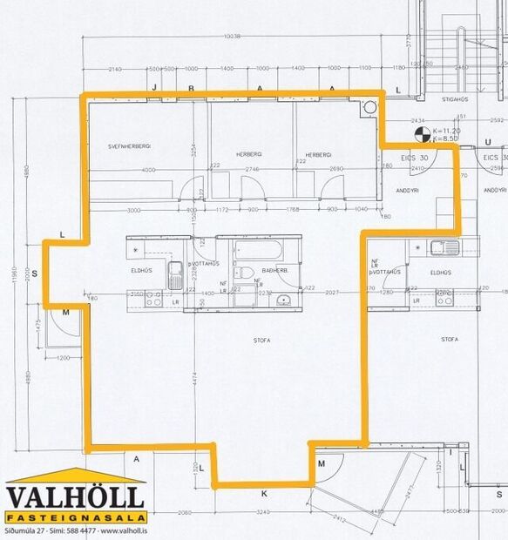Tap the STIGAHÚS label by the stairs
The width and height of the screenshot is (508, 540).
coord(455,99)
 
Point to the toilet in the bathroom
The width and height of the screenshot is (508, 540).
coord(247,273)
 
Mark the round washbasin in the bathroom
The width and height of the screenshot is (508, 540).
coord(284,300)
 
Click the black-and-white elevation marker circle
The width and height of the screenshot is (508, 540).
coord(422,134)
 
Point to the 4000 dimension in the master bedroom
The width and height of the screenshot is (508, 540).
coord(148,170)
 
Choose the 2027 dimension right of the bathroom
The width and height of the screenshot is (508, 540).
coord(332,293)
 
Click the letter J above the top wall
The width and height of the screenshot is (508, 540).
coord(154,89)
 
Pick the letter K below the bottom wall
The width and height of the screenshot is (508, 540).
coord(263,494)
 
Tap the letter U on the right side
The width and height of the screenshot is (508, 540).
coord(488,141)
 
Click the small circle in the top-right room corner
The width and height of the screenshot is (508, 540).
coord(369,105)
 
